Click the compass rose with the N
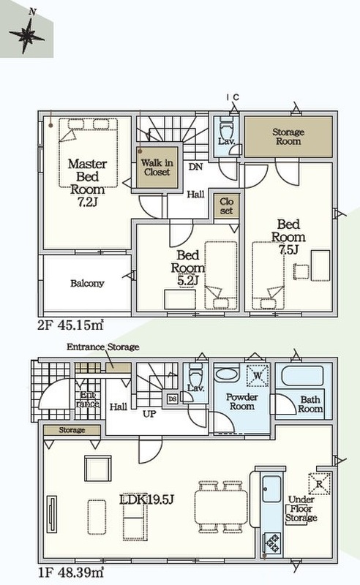[x=27, y=34]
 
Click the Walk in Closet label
[x=157, y=167]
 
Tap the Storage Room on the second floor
[x=288, y=137]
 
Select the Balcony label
[x=87, y=283]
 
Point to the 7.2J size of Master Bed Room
[x=87, y=202]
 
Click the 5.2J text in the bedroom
[x=187, y=280]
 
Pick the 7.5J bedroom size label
[x=288, y=249]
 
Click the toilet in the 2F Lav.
[x=226, y=128]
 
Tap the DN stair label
[x=195, y=167]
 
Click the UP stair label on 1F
[x=149, y=414]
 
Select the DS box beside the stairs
[x=172, y=399]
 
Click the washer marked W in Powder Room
[x=258, y=375]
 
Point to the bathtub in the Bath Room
[x=302, y=376]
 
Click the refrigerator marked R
[x=319, y=484]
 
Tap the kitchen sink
[x=271, y=489]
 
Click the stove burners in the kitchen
[x=271, y=543]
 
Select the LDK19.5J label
[x=147, y=499]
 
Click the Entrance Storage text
[x=102, y=347]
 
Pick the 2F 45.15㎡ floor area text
[x=70, y=325]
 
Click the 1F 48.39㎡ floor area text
[x=70, y=572]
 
